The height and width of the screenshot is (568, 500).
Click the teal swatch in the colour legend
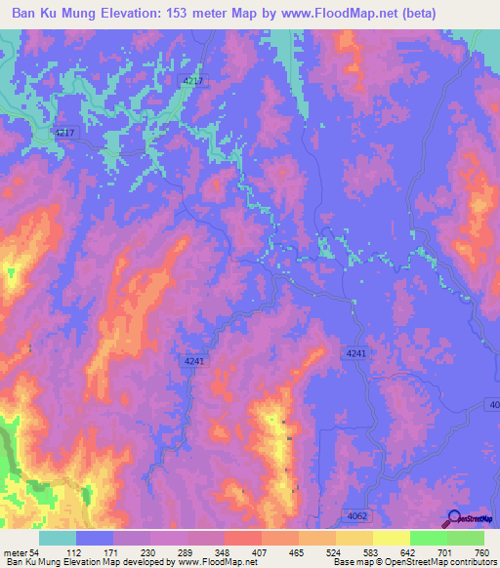(58, 538)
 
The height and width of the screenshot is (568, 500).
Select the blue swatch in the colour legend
(96, 538)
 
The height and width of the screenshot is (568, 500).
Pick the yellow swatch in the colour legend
(391, 538)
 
